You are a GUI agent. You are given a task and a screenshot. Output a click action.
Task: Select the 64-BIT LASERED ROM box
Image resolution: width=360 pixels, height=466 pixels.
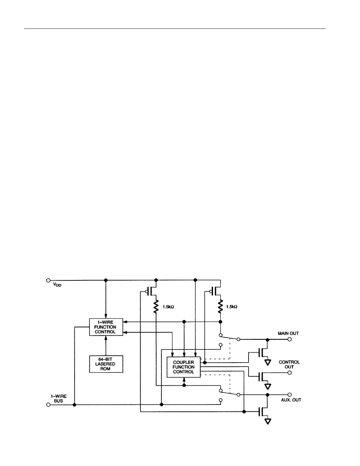click(106, 364)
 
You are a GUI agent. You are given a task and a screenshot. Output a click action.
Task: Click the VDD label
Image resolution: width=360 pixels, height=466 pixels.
click(57, 284)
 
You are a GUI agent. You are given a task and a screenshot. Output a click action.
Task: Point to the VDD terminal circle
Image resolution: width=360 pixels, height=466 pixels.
click(48, 280)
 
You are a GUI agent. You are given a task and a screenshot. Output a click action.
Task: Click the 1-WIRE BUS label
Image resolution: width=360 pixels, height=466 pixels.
click(58, 399)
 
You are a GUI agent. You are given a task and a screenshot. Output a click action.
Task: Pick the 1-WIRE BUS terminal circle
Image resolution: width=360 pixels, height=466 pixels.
click(48, 405)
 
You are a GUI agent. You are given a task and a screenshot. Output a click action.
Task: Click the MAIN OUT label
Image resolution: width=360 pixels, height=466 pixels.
click(288, 333)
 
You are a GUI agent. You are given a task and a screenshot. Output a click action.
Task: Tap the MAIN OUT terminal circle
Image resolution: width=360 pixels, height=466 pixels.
click(290, 339)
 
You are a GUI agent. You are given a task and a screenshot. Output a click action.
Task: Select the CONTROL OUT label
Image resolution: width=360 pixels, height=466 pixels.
click(289, 364)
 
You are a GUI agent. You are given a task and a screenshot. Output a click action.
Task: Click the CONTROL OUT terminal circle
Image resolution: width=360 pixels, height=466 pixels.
click(290, 373)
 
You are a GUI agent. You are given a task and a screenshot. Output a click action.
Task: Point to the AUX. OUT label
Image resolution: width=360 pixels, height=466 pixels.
click(291, 400)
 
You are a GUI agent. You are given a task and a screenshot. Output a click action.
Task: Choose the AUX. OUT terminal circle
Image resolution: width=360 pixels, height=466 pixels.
click(290, 395)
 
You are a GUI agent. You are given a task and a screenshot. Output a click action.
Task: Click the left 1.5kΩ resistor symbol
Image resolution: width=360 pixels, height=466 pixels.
click(156, 307)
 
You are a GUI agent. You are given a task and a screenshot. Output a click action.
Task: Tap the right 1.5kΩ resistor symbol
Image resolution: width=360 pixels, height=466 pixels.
click(220, 307)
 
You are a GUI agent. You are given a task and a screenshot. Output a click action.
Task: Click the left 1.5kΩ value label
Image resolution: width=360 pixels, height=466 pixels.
click(168, 307)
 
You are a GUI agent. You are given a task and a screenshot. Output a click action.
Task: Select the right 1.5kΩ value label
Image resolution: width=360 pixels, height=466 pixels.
click(232, 307)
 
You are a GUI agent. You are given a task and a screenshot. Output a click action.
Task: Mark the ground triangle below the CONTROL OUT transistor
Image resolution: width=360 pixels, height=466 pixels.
click(268, 386)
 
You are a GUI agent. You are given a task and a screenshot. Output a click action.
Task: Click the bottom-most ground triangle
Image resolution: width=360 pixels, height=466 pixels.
click(268, 422)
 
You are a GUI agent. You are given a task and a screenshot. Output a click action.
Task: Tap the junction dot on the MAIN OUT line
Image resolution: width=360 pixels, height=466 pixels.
click(267, 339)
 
